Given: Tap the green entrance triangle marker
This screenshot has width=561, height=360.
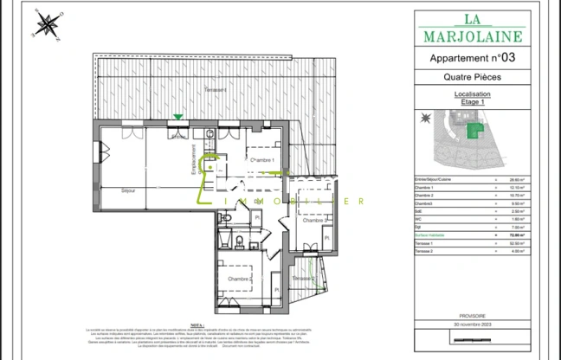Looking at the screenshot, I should click(x=178, y=117).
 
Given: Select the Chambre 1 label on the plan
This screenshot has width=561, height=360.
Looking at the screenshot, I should click(x=261, y=161).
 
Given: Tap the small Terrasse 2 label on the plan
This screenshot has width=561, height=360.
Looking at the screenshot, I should click(x=303, y=278).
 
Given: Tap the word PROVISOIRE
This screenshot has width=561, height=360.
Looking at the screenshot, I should click(x=473, y=316).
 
